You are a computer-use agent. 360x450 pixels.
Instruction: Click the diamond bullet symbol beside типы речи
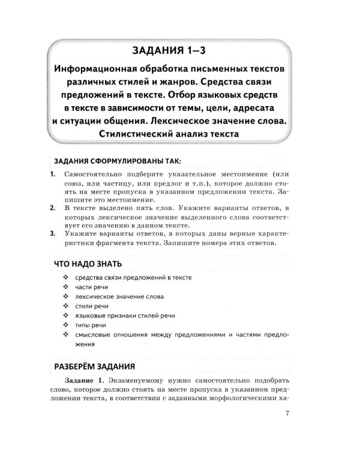tap(65, 326)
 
